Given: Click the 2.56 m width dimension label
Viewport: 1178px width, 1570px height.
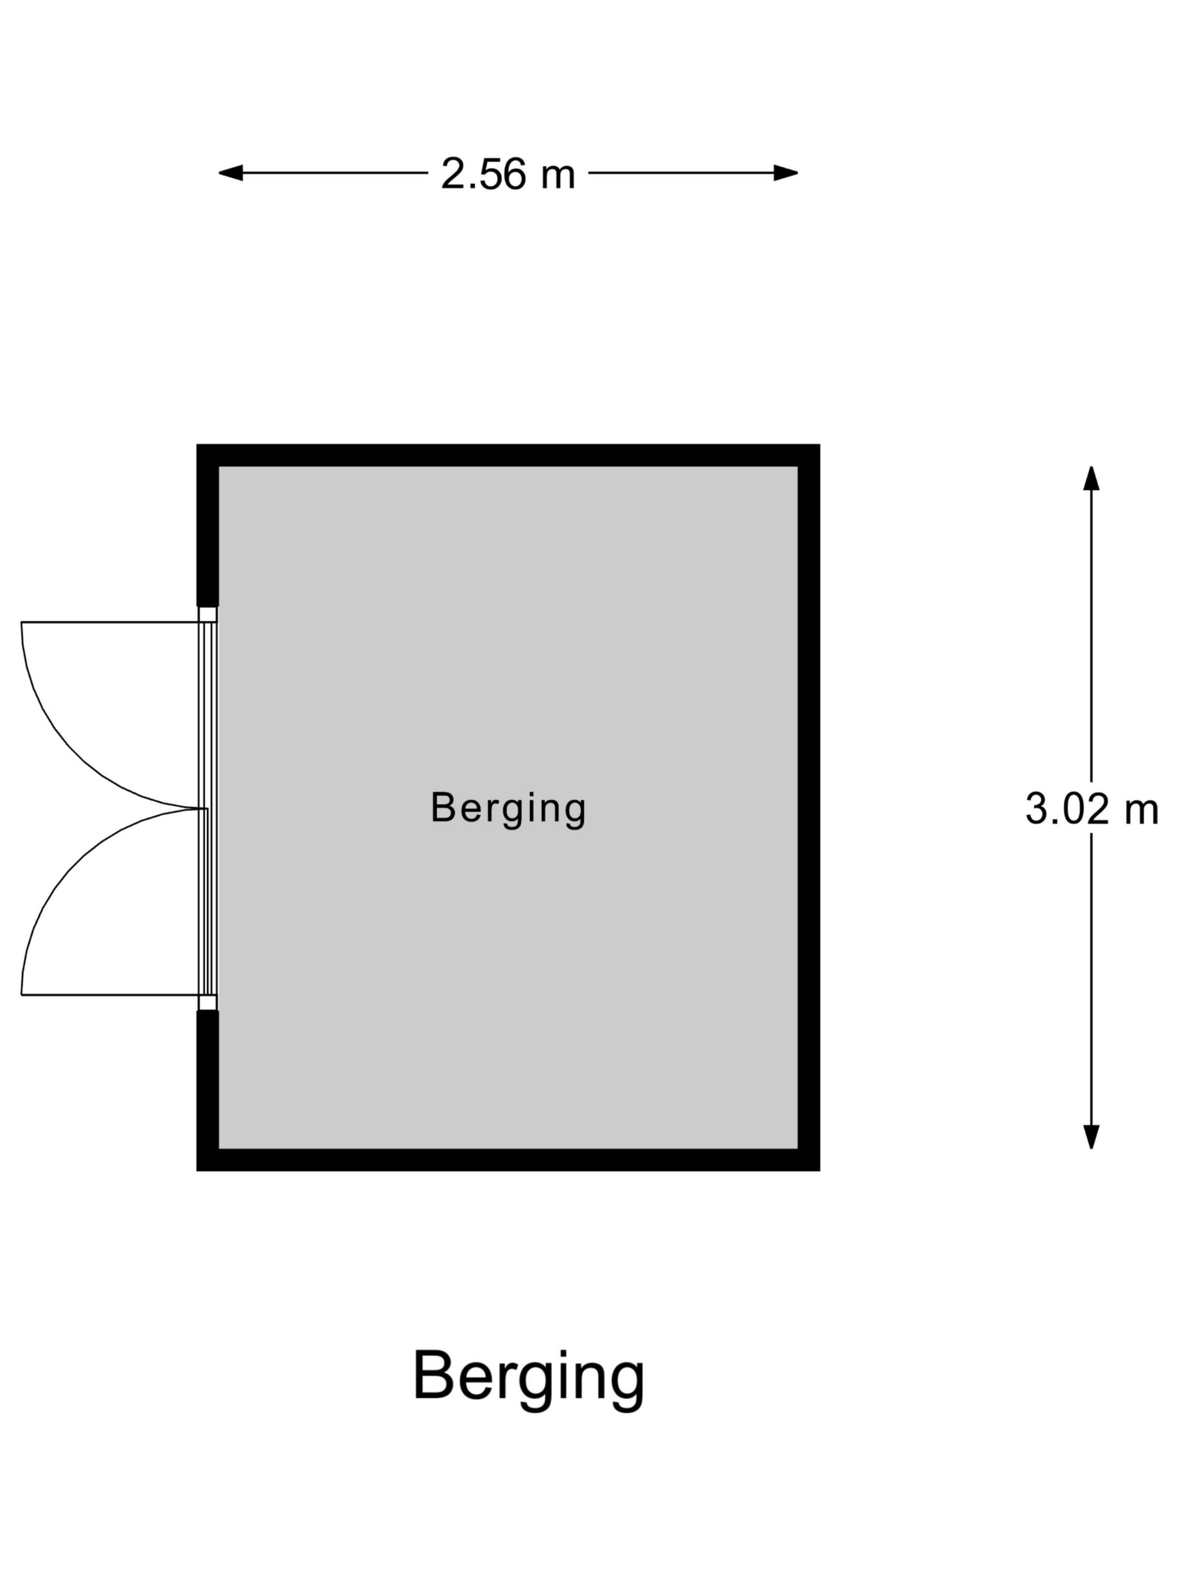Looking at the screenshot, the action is (x=508, y=173).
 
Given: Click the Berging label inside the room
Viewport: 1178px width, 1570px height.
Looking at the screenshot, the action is (x=508, y=809).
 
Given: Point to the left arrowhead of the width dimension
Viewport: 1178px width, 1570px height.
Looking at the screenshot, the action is (x=231, y=173).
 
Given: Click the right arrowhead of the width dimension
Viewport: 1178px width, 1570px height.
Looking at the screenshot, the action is (x=785, y=173).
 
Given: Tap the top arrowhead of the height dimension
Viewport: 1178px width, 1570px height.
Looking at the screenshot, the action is (x=1092, y=478).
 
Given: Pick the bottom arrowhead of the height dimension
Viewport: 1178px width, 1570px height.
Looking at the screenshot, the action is (x=1092, y=1137).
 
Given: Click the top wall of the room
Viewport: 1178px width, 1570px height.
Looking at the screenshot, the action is (x=508, y=456).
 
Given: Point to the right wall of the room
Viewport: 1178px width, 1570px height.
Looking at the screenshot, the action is (x=809, y=808).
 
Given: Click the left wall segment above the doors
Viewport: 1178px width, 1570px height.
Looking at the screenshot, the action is (x=208, y=525).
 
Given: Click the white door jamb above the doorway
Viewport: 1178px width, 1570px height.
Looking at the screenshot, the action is (x=208, y=615).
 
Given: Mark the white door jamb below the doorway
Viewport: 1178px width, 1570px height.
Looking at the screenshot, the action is (x=208, y=1002).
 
